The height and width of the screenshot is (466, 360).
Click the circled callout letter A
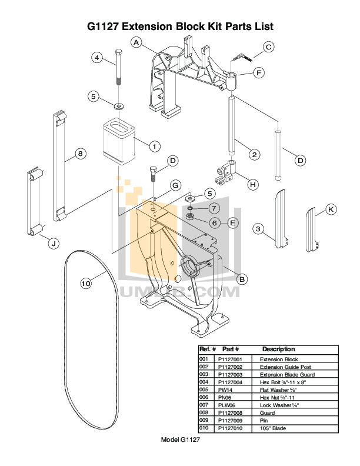coord(136,42)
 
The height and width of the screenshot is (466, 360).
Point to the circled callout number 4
coord(98,58)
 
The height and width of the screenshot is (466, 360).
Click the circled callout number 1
coord(154,145)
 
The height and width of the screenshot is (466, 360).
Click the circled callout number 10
coord(86,284)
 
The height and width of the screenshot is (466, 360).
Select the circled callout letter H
coord(252,185)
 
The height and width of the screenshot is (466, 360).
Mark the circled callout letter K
coord(331,209)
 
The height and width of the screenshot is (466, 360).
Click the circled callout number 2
coord(254,155)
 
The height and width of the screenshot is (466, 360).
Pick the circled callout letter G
coord(175,185)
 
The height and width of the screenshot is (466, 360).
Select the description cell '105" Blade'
coord(273,428)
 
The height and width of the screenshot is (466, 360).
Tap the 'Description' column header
coord(278,349)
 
